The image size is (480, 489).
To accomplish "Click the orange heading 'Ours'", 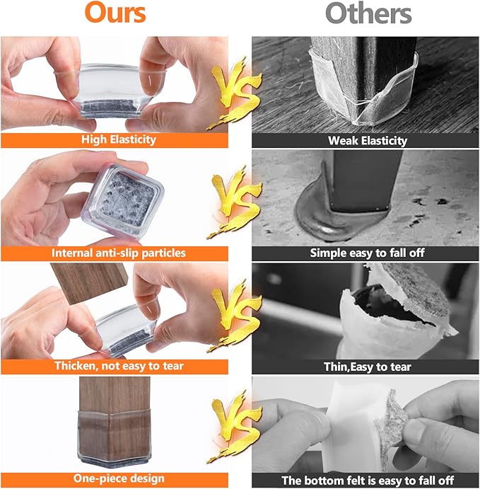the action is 115,13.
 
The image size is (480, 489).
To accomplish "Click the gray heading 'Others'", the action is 368,13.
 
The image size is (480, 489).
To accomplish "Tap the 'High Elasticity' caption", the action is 119,139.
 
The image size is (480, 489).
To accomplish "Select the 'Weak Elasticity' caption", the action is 368,141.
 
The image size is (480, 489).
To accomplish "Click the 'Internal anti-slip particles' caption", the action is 119,253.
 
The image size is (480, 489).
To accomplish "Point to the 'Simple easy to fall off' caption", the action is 367,253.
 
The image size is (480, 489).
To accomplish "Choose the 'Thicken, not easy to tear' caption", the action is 119,366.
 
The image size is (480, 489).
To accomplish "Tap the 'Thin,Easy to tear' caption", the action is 367,367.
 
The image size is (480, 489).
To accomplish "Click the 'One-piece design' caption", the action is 119,478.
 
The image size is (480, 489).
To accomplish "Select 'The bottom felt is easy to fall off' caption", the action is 368,480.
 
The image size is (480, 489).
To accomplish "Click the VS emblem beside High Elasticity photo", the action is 234,93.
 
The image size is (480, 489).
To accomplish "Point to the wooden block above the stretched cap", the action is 89,282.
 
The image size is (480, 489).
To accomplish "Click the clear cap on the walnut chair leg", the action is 115,436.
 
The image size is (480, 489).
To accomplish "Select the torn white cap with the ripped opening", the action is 396,315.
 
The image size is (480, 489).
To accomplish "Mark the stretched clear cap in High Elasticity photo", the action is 110,91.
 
